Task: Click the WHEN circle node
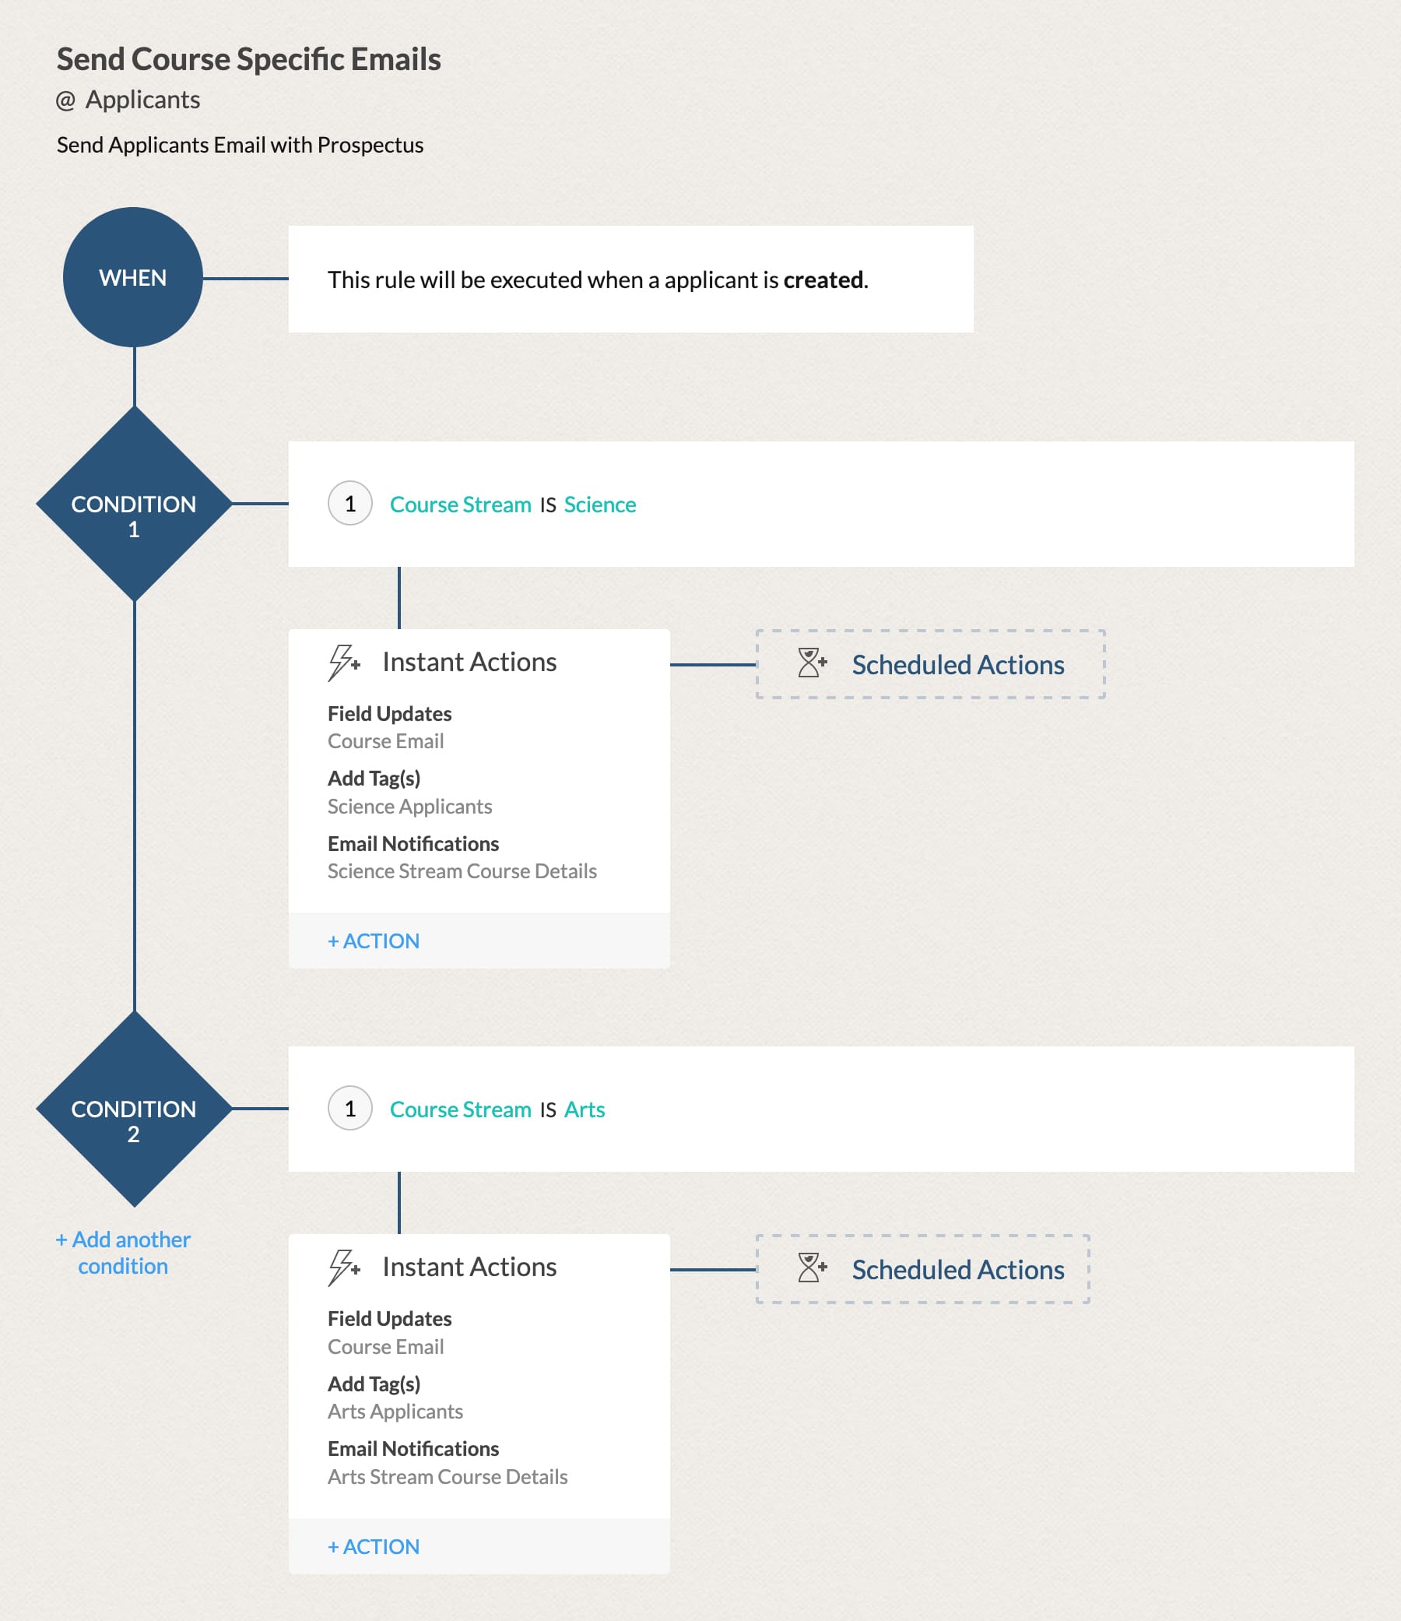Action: (x=133, y=277)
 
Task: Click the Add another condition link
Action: (x=123, y=1253)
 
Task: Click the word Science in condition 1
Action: (x=599, y=505)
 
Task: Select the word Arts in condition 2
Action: (x=585, y=1109)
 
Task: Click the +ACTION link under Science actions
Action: (x=373, y=941)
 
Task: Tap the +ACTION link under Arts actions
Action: (x=373, y=1546)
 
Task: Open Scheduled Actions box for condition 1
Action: (x=930, y=664)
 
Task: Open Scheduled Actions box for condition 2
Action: (x=922, y=1269)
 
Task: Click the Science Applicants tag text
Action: (x=409, y=806)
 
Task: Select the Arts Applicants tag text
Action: (x=395, y=1412)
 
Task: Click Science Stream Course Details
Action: (x=462, y=870)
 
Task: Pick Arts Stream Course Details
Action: (x=448, y=1476)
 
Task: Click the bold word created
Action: (x=823, y=280)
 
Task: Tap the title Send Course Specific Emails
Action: (x=249, y=59)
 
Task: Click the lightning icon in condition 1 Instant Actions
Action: (x=342, y=663)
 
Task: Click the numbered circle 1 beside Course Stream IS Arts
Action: (x=349, y=1109)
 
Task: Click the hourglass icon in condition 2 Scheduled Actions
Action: (x=810, y=1268)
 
